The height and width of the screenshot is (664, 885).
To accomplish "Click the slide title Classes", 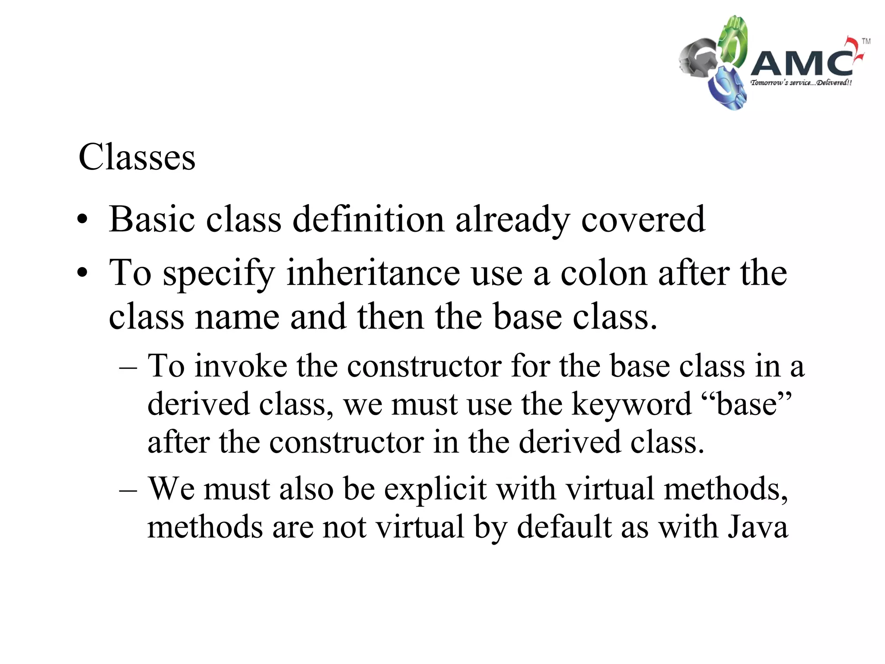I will point(137,157).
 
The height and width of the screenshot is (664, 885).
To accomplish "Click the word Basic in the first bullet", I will point(152,219).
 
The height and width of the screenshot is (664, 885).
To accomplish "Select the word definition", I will point(368,219).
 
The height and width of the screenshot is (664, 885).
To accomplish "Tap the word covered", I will point(643,219).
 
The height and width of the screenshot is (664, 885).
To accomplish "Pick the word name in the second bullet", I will point(237,317).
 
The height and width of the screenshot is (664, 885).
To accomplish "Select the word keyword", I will point(631,404).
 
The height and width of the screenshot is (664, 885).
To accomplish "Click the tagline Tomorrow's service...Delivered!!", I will point(801,83).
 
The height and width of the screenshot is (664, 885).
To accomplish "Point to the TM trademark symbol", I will point(866,41).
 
